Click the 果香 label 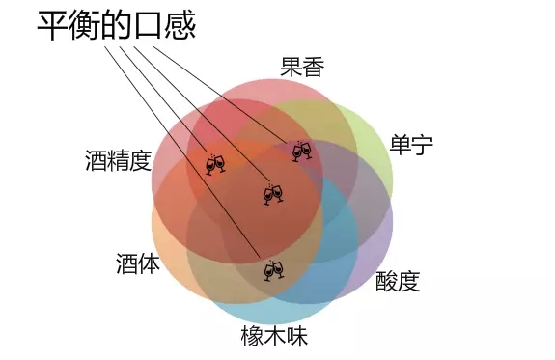[x=302, y=68]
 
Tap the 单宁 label [x=411, y=146]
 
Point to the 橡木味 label [x=275, y=336]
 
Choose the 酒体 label [x=137, y=263]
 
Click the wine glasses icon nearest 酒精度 [x=216, y=163]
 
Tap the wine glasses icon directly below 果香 [x=302, y=151]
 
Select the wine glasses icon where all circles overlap [x=274, y=194]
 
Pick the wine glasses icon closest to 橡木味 [x=274, y=270]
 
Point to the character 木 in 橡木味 [x=275, y=336]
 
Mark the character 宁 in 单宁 [x=422, y=146]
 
